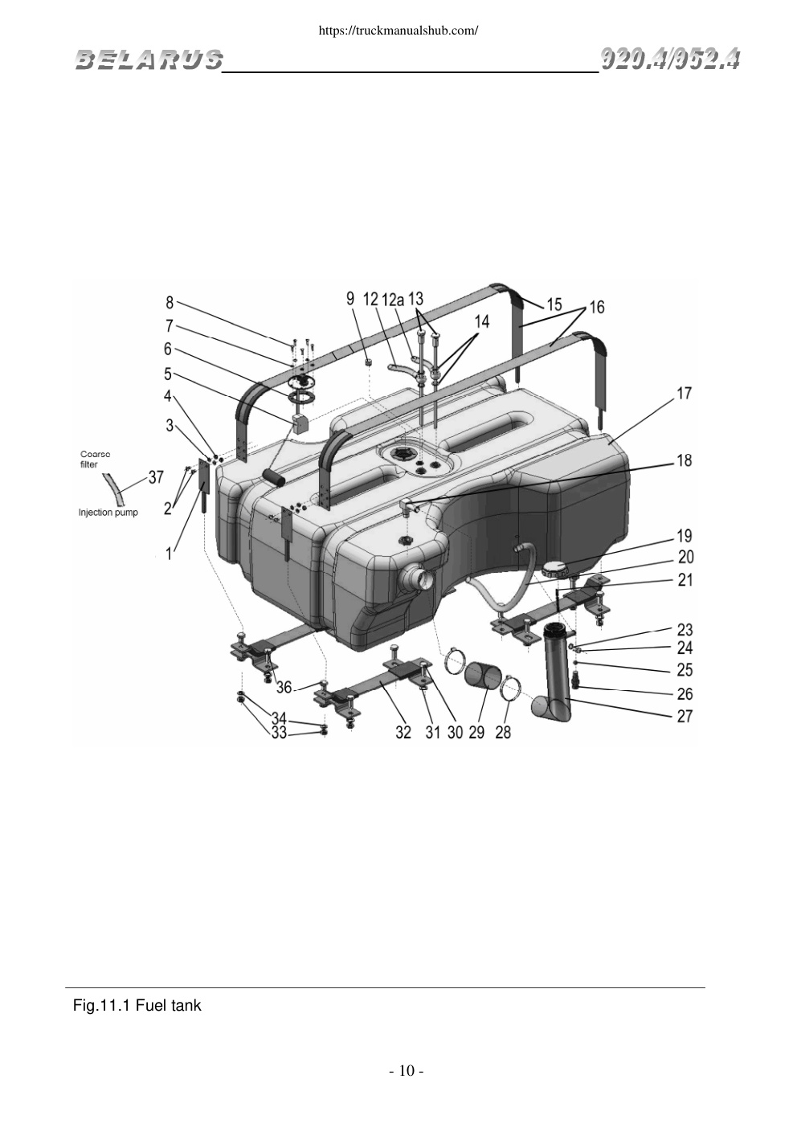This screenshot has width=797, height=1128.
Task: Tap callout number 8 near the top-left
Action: tap(170, 302)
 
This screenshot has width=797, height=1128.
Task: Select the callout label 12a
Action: tap(393, 299)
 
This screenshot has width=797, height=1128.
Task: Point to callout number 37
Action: tap(156, 476)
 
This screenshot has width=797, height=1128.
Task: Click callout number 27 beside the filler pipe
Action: tap(685, 716)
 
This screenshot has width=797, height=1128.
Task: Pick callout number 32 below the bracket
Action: tap(403, 732)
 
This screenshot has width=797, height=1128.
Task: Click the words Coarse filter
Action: tap(95, 460)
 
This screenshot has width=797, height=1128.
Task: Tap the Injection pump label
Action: tap(108, 513)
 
